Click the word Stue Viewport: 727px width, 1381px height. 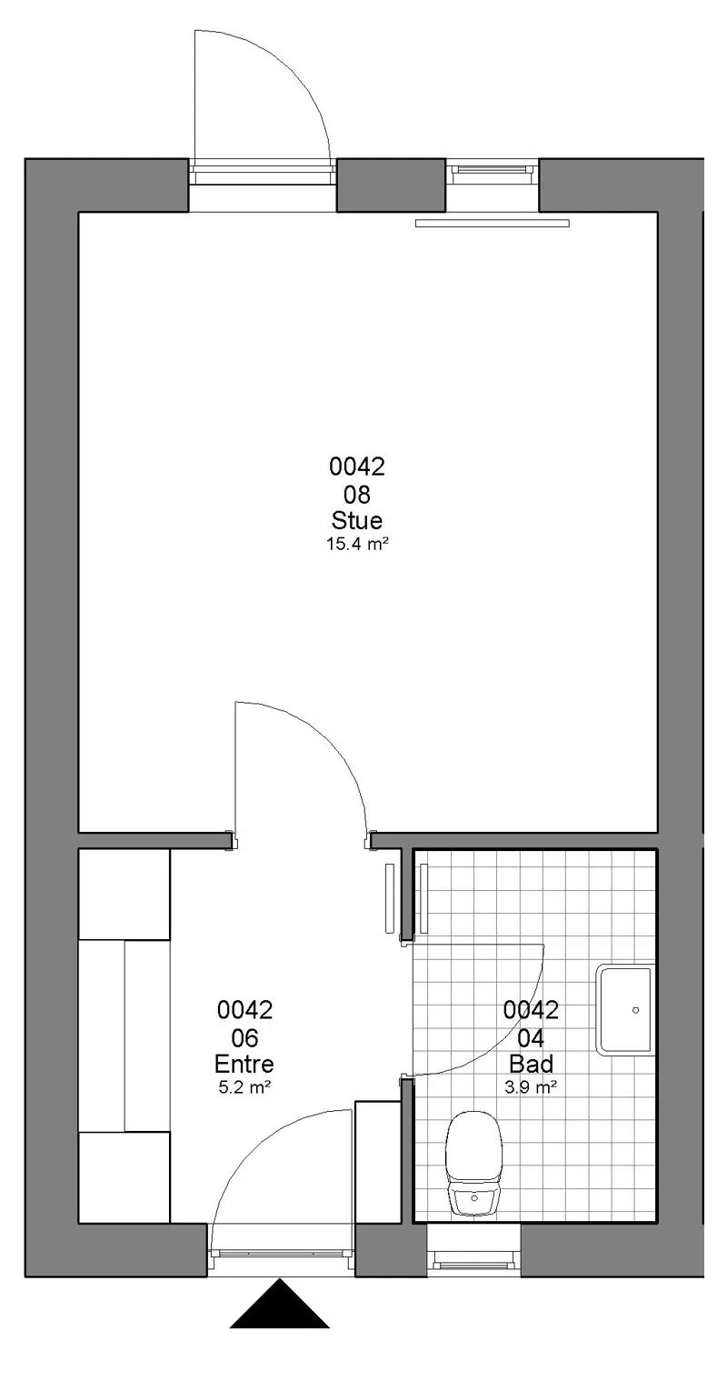tap(357, 520)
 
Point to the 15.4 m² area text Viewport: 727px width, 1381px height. tap(357, 545)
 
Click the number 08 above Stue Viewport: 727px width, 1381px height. tap(357, 495)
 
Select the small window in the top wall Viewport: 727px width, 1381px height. tap(492, 172)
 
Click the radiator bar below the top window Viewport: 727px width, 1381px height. tap(492, 223)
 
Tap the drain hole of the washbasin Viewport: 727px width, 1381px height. tap(635, 1010)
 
